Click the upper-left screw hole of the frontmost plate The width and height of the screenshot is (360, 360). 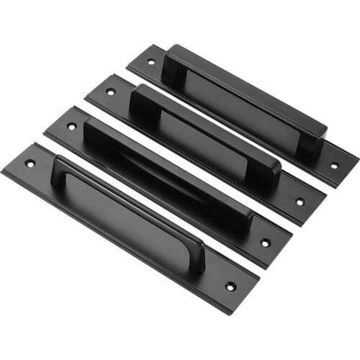(30, 163)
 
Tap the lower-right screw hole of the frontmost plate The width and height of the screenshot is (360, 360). (230, 287)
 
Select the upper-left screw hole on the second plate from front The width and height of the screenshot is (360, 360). (71, 126)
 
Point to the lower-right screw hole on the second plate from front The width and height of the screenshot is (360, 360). (266, 243)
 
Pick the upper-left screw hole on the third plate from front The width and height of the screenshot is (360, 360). (110, 91)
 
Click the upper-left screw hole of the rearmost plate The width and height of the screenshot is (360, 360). (150, 62)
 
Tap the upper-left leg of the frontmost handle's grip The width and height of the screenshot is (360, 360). (62, 171)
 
